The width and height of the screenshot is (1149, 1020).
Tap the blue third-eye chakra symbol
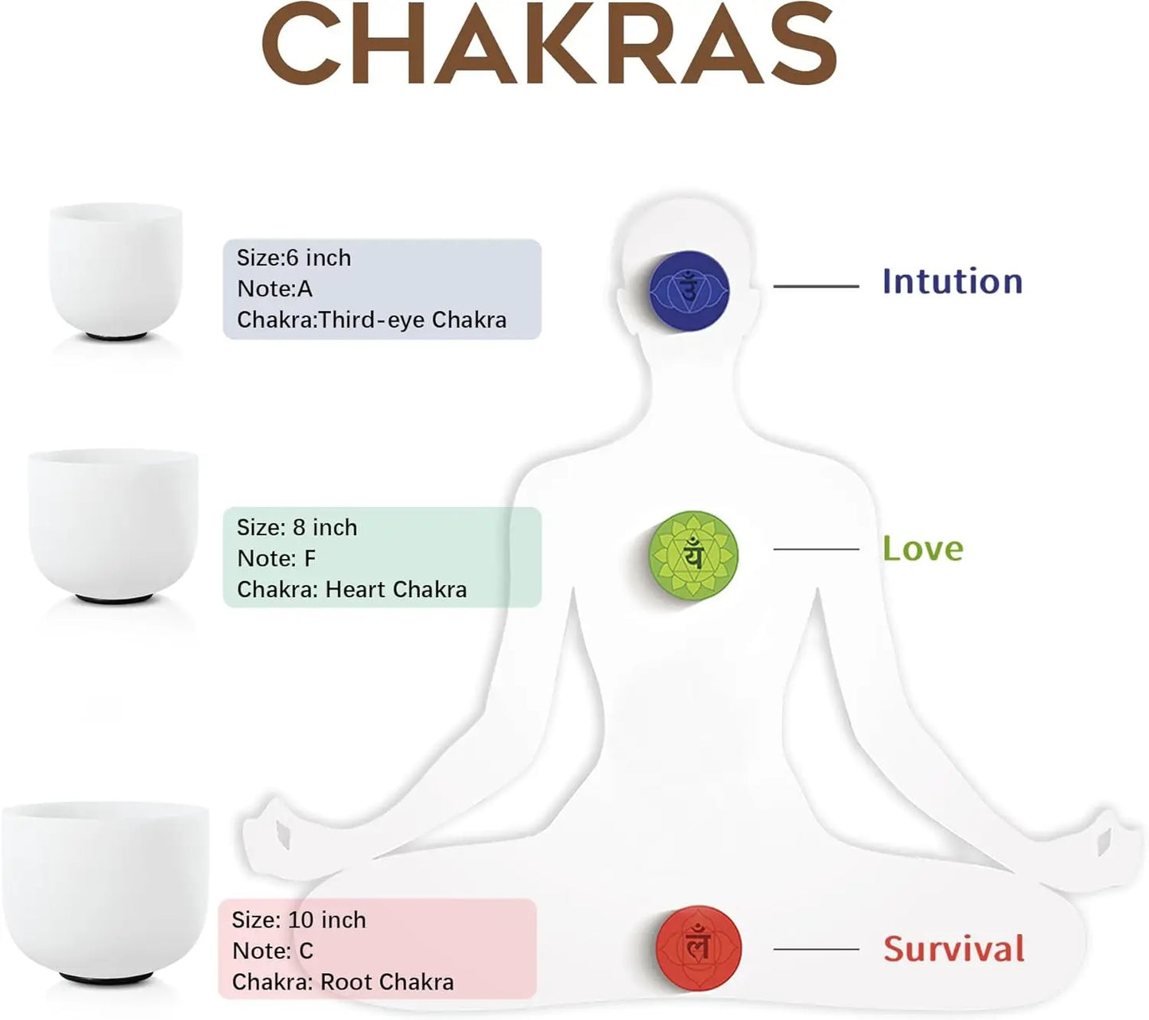point(689,289)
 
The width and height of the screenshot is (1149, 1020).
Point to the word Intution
point(953,281)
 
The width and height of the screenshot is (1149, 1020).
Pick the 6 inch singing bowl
point(116,271)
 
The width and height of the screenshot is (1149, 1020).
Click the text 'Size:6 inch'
point(293,258)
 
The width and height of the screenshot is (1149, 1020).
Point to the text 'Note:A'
point(274,289)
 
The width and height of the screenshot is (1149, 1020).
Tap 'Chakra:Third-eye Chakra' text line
point(371,320)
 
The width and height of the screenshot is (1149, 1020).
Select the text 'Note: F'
point(276,558)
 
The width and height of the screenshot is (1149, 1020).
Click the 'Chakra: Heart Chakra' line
point(351,590)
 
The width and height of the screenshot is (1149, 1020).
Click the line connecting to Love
point(816,549)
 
